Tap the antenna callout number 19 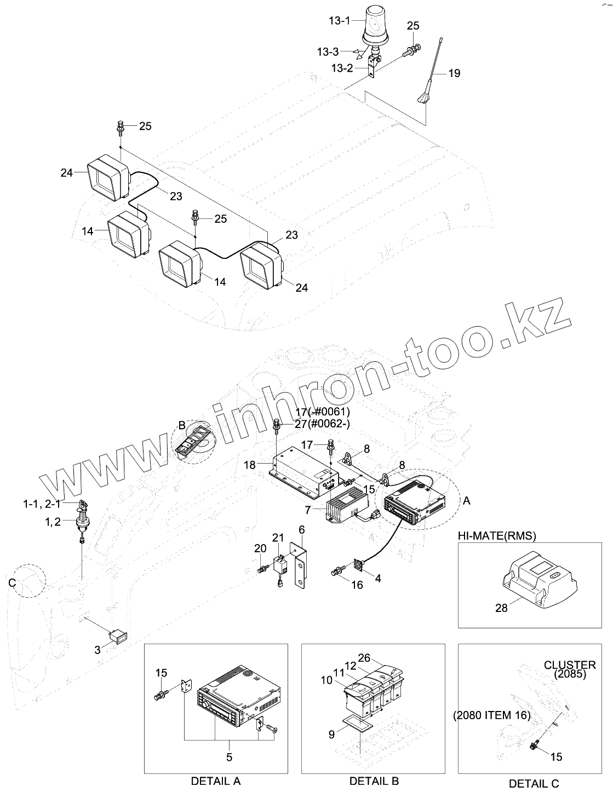pos(454,73)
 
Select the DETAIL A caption pos(215,781)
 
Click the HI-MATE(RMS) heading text pos(497,535)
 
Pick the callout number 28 pos(501,608)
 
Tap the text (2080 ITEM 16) pos(491,715)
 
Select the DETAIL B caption pos(374,781)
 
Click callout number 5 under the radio pos(229,757)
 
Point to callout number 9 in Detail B pos(331,735)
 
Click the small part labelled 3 pos(119,637)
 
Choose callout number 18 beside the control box pos(250,465)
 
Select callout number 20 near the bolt pos(260,548)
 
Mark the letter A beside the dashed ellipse pos(467,500)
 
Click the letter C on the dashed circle pos(13,584)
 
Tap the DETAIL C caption pos(534,784)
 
